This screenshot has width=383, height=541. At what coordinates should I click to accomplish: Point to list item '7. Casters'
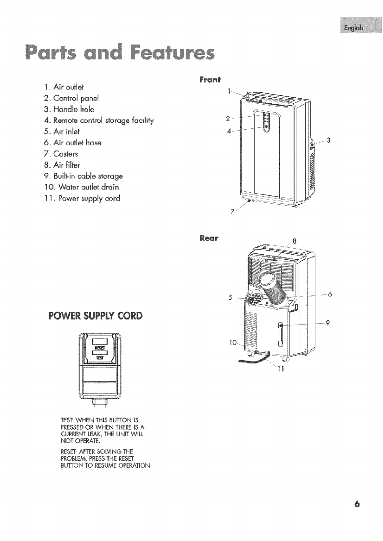(x=61, y=154)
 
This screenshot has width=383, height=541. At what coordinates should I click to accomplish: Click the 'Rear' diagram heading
(x=209, y=238)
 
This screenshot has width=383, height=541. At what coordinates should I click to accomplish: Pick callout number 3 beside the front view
(x=329, y=140)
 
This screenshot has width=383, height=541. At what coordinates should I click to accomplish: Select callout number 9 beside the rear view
(x=328, y=324)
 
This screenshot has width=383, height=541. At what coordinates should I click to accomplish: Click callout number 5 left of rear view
(x=230, y=298)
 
